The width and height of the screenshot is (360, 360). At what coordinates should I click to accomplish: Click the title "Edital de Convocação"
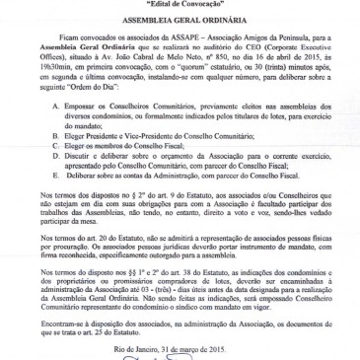[180, 5]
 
